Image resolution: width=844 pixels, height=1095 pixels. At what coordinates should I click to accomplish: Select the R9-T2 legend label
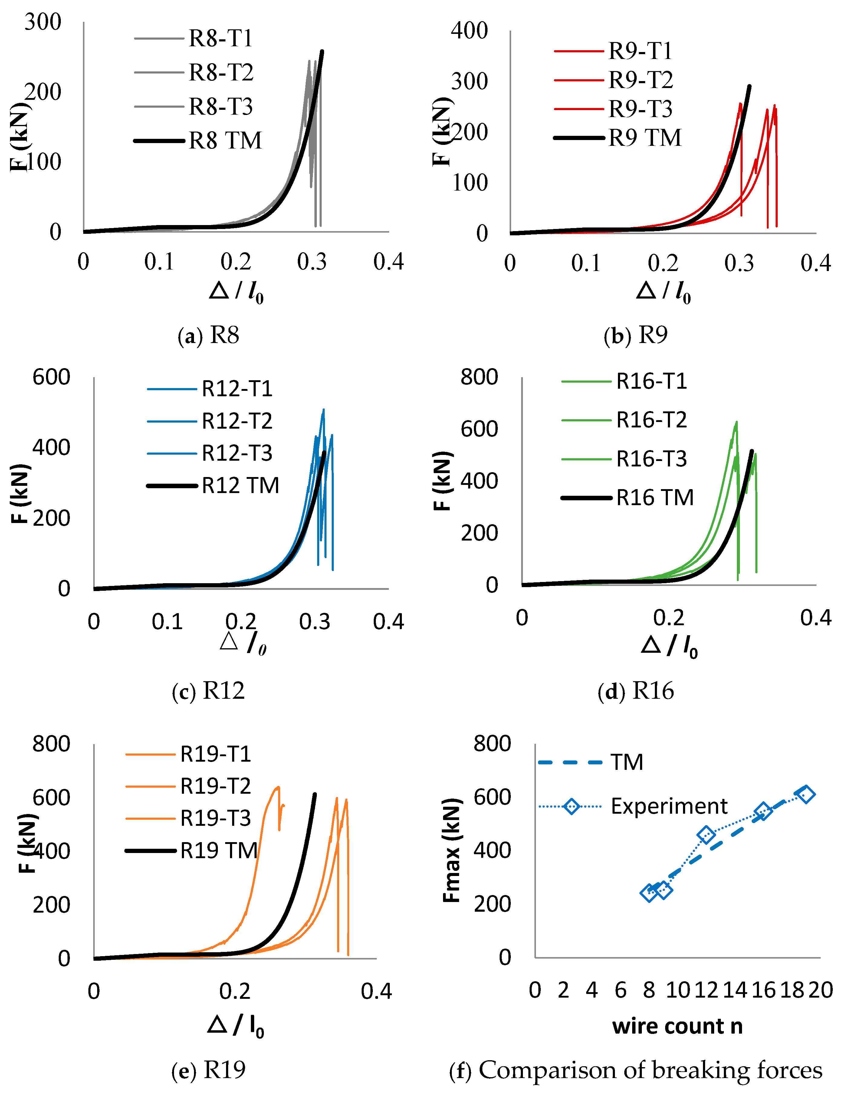640,80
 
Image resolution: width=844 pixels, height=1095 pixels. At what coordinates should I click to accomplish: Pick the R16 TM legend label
655,497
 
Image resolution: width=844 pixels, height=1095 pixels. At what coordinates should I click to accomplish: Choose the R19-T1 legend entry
216,754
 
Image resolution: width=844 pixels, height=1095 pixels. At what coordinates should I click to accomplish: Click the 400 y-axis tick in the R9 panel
469,31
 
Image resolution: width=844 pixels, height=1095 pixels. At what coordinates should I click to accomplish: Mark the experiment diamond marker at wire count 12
706,835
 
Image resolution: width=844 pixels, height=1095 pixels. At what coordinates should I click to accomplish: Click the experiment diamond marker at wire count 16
763,811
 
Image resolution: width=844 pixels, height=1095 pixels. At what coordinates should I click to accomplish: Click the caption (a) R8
208,335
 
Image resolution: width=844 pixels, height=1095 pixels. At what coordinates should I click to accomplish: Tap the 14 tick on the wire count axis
735,990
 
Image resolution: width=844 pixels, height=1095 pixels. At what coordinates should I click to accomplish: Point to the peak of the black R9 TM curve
749,86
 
